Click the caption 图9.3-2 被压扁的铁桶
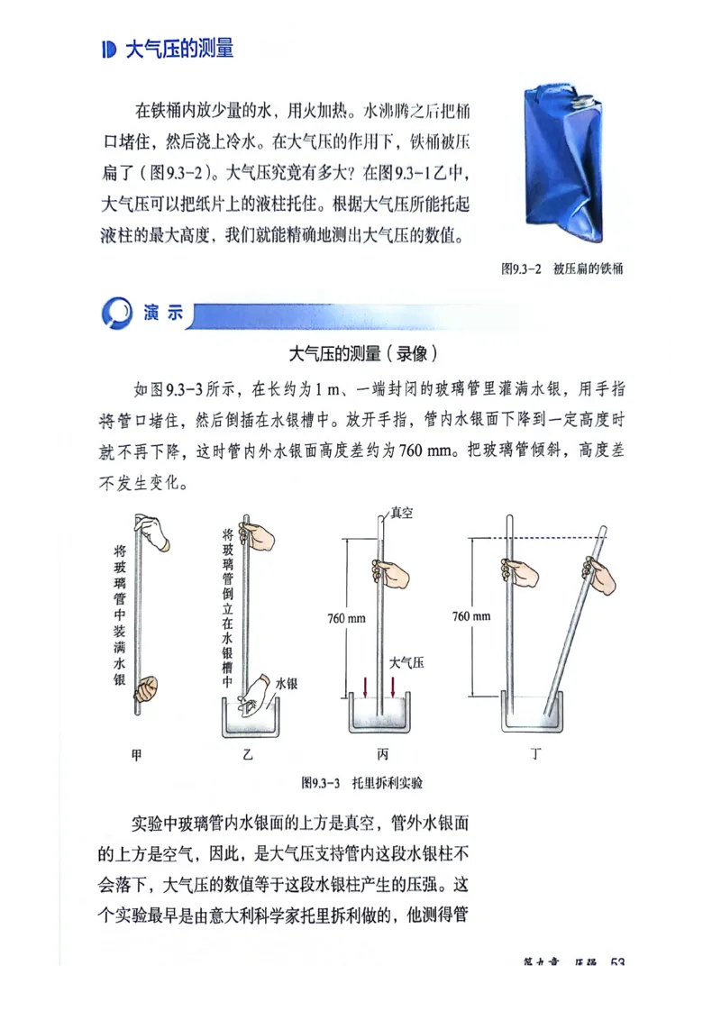point(562,269)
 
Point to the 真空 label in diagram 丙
point(401,514)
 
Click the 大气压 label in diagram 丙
point(406,662)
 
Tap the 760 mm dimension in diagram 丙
point(345,618)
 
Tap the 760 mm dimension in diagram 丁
point(471,616)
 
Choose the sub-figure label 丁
point(535,754)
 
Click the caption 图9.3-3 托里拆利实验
point(361,781)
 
